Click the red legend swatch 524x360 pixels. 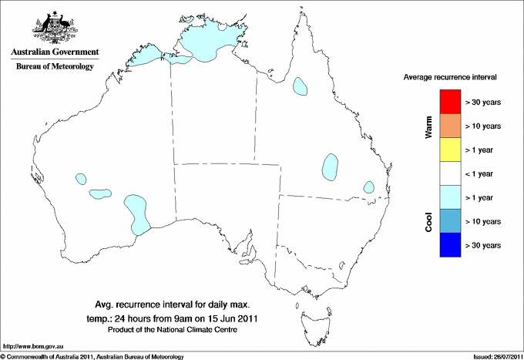coord(449,102)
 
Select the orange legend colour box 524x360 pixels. coord(449,126)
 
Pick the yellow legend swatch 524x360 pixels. coord(449,150)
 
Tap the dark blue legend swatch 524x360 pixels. coord(449,245)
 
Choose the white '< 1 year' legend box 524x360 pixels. coord(449,173)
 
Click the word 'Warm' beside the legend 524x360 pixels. coord(429,126)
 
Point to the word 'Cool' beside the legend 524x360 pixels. coord(429,221)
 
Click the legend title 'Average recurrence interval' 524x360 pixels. coord(451,78)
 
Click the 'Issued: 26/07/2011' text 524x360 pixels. coord(493,356)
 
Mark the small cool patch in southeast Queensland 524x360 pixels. coord(369,187)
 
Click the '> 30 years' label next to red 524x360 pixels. coord(484,102)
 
